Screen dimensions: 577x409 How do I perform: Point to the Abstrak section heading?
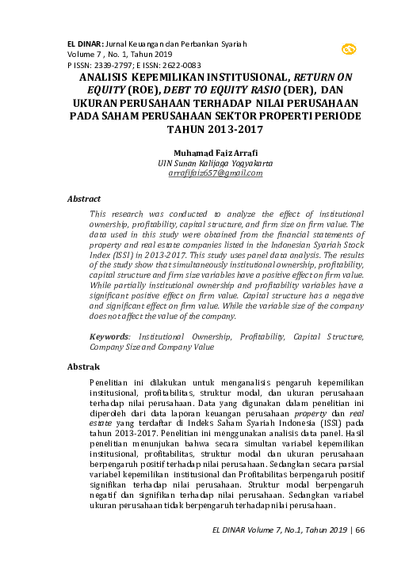83,367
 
